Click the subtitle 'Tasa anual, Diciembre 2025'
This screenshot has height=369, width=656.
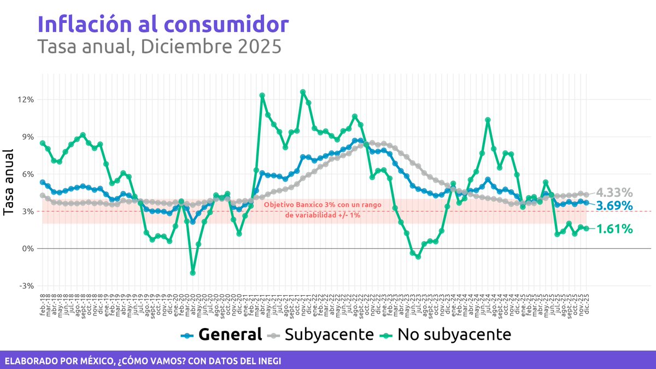[x=159, y=46]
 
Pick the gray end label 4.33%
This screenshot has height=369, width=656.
[x=614, y=192]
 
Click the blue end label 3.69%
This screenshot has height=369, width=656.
[x=614, y=206]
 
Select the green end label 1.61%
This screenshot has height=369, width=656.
[x=614, y=229]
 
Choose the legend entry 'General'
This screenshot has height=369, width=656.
[x=230, y=334]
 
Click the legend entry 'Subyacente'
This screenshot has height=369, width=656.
[x=329, y=334]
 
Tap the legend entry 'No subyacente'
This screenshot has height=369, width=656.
[x=454, y=334]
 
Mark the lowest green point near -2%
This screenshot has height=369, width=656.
[x=192, y=273]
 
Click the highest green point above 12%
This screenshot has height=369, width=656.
[x=303, y=92]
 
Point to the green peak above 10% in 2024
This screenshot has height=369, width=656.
[x=488, y=120]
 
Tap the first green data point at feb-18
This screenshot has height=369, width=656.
[x=43, y=143]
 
